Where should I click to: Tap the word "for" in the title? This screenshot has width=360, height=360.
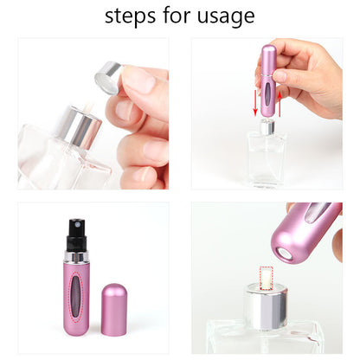click(x=178, y=16)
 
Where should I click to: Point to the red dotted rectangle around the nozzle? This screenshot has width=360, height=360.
click(x=262, y=278)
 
